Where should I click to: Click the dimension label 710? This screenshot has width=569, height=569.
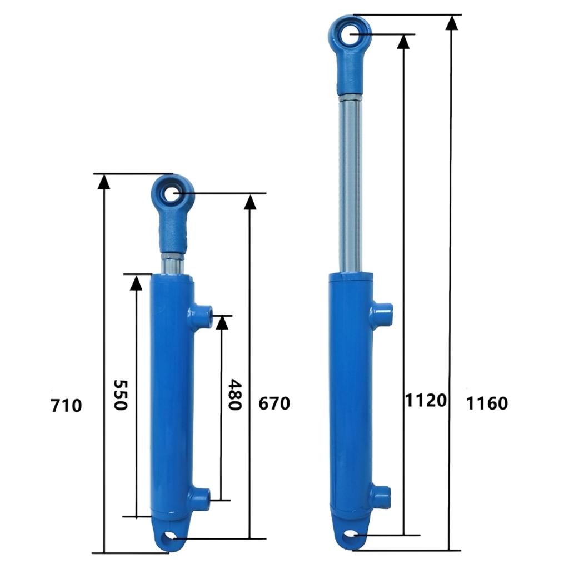click(x=66, y=406)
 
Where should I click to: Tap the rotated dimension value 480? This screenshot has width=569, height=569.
click(x=235, y=395)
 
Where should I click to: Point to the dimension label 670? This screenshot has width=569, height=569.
click(x=274, y=403)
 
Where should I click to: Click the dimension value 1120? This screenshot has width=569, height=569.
click(x=426, y=400)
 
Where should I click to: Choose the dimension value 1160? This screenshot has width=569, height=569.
click(x=487, y=403)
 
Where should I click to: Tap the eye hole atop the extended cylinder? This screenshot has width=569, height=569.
click(x=352, y=33)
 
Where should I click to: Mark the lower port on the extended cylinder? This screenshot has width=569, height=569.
click(x=382, y=493)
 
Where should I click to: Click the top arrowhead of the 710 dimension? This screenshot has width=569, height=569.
click(x=103, y=181)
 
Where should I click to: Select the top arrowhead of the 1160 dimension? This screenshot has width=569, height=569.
click(x=452, y=22)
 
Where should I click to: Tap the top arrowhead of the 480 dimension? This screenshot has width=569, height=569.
click(x=222, y=322)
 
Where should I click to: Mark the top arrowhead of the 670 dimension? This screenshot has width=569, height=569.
click(x=250, y=201)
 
